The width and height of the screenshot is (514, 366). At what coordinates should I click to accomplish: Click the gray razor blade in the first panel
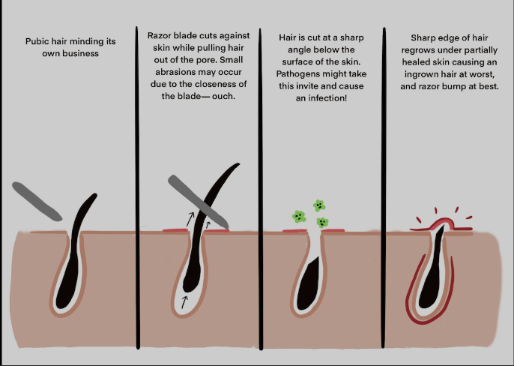pyautogui.click(x=37, y=200)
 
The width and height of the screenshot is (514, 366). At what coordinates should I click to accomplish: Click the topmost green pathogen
pyautogui.click(x=319, y=205)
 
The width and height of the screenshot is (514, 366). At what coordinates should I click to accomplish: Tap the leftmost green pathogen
pyautogui.click(x=298, y=217)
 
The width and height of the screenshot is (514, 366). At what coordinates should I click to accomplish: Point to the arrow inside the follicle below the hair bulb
pyautogui.click(x=184, y=302)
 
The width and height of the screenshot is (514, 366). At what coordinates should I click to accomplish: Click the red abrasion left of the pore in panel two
pyautogui.click(x=175, y=232)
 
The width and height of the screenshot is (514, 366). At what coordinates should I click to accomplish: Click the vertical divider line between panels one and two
pyautogui.click(x=137, y=187)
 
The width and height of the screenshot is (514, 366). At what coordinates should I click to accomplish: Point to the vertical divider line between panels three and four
pyautogui.click(x=383, y=187)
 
